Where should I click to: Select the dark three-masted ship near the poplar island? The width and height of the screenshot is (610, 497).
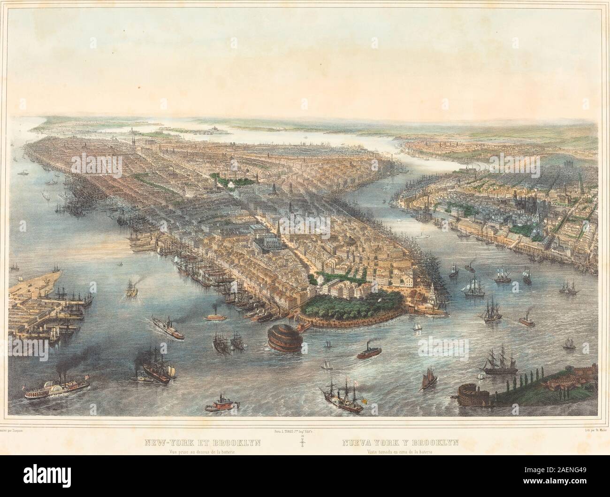[x=499, y=364]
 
